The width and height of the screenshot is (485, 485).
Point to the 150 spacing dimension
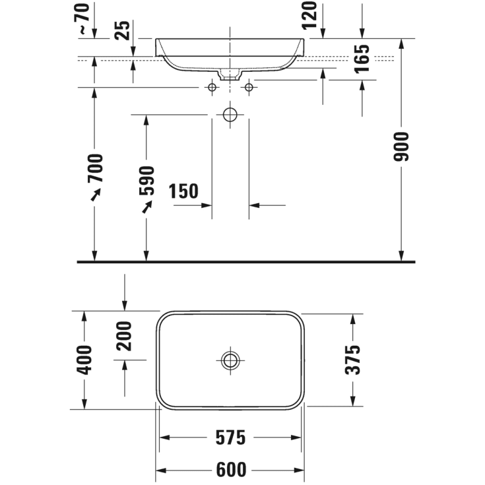click(x=183, y=192)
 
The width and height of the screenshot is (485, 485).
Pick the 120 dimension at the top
click(x=311, y=15)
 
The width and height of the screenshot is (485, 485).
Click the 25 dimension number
click(x=122, y=30)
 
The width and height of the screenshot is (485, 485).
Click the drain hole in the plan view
click(x=230, y=360)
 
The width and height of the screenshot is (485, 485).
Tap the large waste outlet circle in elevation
click(x=230, y=115)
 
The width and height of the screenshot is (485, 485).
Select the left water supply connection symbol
click(x=212, y=87)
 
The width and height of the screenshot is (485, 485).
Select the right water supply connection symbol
click(x=249, y=87)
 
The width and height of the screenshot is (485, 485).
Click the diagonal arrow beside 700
click(x=96, y=194)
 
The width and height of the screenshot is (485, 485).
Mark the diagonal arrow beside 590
click(x=146, y=207)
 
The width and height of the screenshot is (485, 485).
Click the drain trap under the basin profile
click(x=230, y=75)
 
